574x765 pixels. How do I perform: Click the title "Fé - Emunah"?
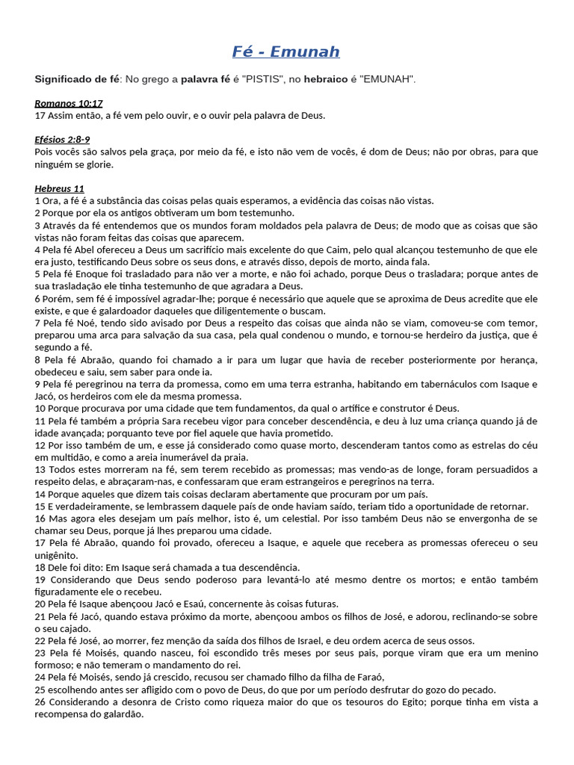point(286,52)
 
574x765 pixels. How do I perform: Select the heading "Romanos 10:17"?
point(69,104)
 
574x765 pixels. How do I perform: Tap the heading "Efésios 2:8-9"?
point(63,140)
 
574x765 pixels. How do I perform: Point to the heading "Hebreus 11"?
point(60,188)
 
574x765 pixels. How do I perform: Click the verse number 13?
point(40,470)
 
